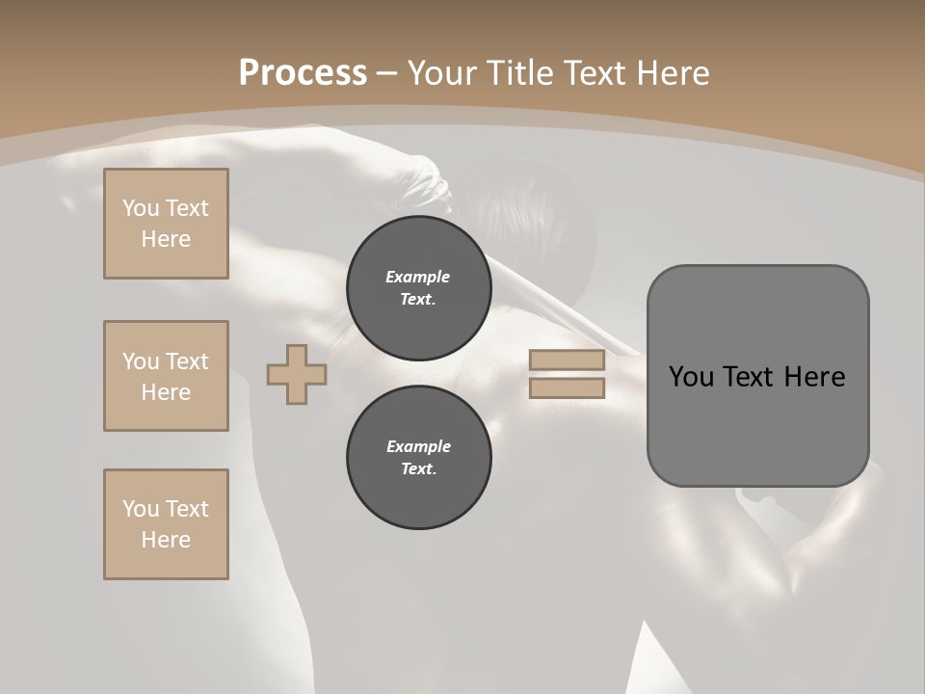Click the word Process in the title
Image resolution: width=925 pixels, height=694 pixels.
coord(303,72)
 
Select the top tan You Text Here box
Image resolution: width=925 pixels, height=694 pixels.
coord(166,224)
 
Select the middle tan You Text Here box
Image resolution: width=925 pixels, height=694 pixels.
coord(166,376)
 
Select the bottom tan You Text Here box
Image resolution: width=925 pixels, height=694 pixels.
coord(166,524)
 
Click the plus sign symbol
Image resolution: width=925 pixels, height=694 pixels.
coord(297,374)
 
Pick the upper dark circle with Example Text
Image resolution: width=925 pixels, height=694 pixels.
coord(419,288)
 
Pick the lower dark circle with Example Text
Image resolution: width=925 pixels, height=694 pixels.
coord(419,458)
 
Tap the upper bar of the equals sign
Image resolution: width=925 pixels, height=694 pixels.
coord(568,360)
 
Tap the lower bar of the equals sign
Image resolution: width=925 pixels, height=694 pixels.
coord(568,388)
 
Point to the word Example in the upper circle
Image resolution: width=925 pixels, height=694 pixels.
coord(418,277)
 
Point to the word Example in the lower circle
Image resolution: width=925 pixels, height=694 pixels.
coord(418,446)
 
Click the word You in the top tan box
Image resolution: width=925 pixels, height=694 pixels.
coord(141,208)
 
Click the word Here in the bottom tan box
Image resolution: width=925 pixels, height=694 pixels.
coord(166,540)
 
